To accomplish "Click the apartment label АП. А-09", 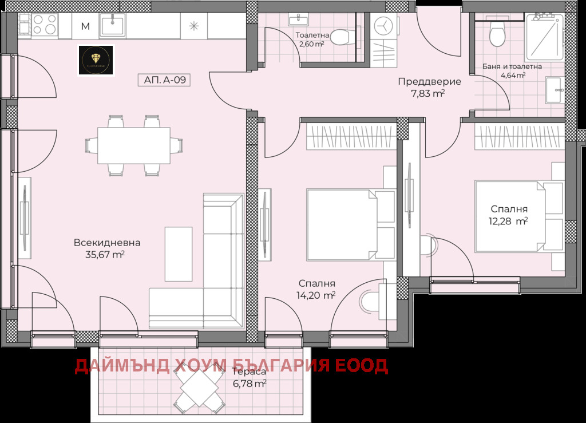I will [x=164, y=80].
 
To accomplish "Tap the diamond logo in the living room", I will [x=96, y=60].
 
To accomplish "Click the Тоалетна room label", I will [x=312, y=34].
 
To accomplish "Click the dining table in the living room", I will [x=133, y=145].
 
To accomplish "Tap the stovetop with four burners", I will [x=44, y=25].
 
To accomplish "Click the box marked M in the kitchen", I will [x=85, y=26].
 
